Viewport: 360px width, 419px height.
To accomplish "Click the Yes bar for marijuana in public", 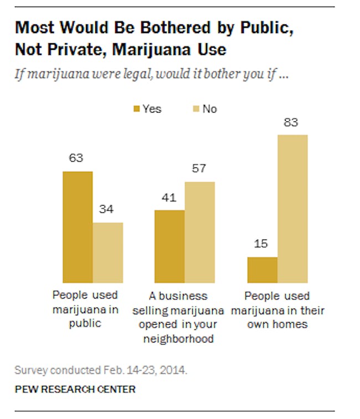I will point(78,227).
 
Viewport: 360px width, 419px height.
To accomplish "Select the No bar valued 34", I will point(107,253).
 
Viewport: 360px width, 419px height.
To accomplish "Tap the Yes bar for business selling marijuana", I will point(169,247).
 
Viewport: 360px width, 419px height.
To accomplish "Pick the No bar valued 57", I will point(199,232).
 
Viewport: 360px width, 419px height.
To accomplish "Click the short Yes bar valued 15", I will point(262,270).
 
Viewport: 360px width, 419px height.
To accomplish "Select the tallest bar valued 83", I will point(292,208).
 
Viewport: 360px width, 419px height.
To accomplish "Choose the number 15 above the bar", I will point(262,243).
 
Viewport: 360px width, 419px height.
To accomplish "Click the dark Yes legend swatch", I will point(136,109).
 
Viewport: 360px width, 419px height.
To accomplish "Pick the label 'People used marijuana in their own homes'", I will point(277,309).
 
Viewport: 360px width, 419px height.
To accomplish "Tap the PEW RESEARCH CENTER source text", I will point(75,389).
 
